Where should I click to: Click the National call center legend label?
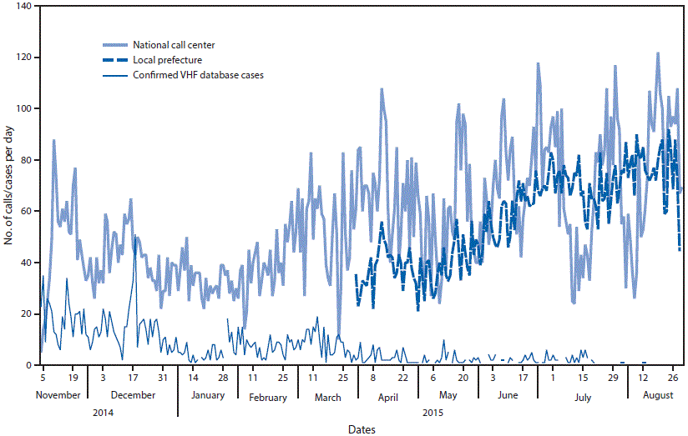(x=175, y=44)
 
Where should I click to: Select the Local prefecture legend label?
(x=166, y=60)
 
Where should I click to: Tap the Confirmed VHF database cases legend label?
(x=199, y=75)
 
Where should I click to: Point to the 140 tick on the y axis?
(x=23, y=7)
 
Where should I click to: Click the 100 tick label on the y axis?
(x=23, y=109)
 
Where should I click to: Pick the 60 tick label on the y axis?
(x=25, y=212)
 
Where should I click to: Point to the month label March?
(x=328, y=398)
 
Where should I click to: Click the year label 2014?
(x=104, y=412)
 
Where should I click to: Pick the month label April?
(x=388, y=398)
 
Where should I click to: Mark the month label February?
(x=268, y=398)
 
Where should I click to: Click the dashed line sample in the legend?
(x=114, y=60)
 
